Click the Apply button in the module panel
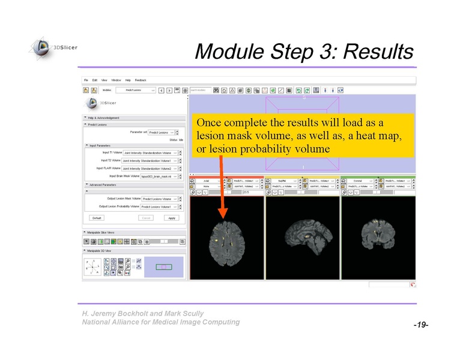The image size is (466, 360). (172, 218)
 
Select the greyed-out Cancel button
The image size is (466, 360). (145, 218)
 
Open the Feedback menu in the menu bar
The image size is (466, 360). (140, 80)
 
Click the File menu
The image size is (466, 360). (86, 80)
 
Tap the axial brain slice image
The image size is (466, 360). (227, 238)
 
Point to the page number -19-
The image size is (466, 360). (420, 325)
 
